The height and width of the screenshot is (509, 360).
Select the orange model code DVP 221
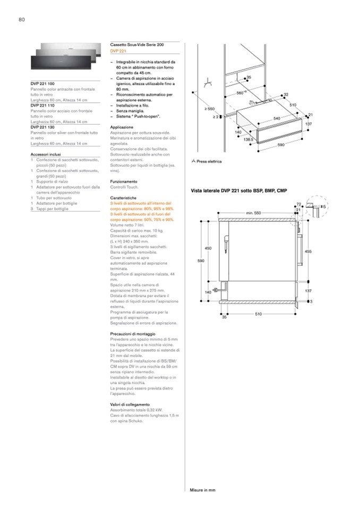tap(118, 51)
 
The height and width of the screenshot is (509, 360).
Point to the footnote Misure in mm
tap(203, 490)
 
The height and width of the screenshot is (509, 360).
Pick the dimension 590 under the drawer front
tap(281, 144)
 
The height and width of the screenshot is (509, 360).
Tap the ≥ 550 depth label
tap(210, 109)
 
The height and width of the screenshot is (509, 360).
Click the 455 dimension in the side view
tap(308, 251)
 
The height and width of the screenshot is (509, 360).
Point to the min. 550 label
tap(254, 213)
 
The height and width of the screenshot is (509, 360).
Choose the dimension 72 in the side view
tap(299, 204)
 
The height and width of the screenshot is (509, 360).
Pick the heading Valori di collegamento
tap(131, 404)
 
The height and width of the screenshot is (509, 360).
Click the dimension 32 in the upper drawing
tap(286, 94)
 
